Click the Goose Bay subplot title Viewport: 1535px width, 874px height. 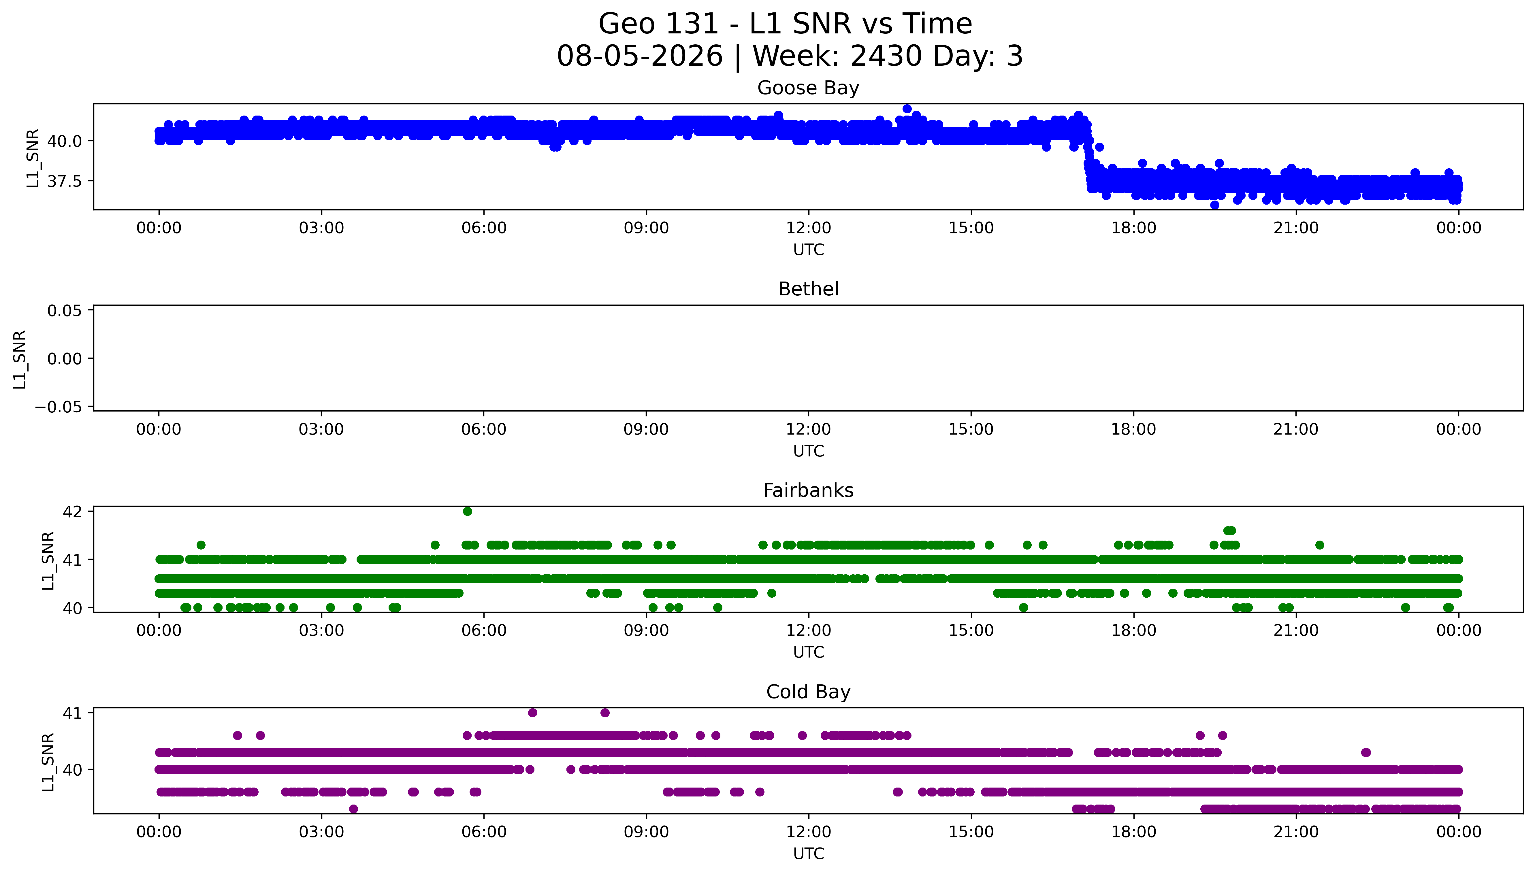coord(808,88)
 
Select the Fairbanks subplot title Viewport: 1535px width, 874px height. coord(808,490)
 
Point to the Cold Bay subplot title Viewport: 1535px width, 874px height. coord(808,692)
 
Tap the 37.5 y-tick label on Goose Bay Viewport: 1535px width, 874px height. coord(64,181)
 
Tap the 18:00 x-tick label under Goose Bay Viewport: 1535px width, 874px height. coord(1133,228)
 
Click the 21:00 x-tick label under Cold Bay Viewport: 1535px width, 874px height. coord(1296,832)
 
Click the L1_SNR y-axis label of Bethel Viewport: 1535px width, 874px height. coord(20,359)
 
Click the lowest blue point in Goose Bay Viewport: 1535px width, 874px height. coord(1214,205)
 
